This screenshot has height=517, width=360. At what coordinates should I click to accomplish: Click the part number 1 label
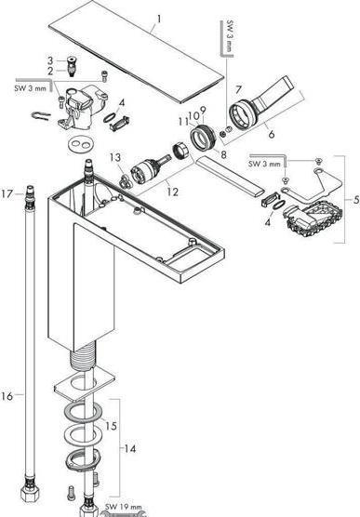pyautogui.click(x=159, y=18)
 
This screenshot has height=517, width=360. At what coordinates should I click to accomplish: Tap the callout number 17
pyautogui.click(x=7, y=194)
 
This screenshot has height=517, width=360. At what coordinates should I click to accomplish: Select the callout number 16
pyautogui.click(x=7, y=396)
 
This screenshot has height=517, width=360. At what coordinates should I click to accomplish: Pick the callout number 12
pyautogui.click(x=172, y=192)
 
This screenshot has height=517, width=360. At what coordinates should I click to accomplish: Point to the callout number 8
pyautogui.click(x=223, y=154)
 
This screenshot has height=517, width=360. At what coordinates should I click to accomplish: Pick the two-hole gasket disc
pyautogui.click(x=79, y=146)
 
